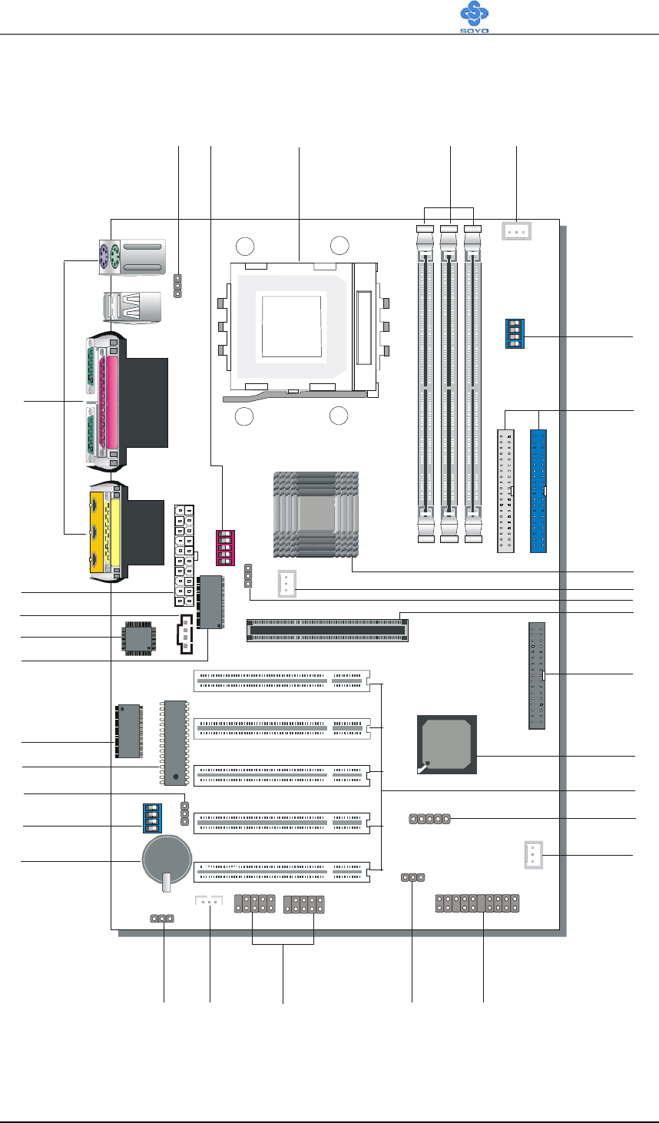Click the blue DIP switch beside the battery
point(151,818)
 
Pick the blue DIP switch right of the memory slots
point(515,333)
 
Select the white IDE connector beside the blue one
point(506,492)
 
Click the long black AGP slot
point(328,631)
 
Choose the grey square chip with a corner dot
point(447,745)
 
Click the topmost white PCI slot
point(281,681)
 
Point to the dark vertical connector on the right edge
point(536,676)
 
